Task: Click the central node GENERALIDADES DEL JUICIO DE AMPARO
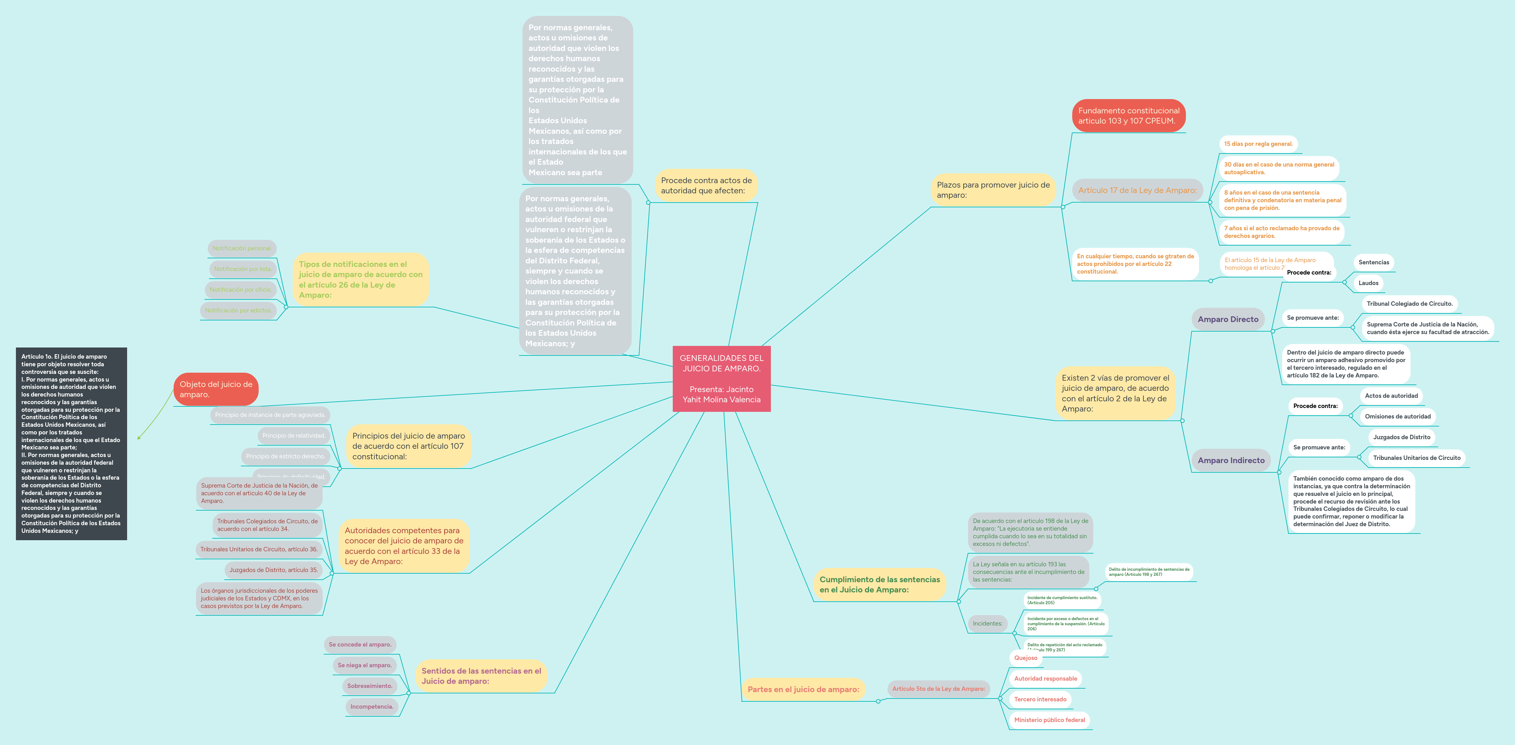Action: point(721,379)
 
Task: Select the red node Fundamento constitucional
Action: point(1128,116)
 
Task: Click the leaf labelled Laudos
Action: point(1368,283)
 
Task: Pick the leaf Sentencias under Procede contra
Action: point(1373,262)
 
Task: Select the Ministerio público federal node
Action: point(1049,720)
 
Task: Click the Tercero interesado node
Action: point(1040,699)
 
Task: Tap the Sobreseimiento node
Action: point(369,686)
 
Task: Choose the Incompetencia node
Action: point(372,706)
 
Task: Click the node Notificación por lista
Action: point(242,269)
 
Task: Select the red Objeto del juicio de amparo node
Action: point(216,389)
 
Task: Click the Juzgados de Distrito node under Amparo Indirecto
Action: point(1402,437)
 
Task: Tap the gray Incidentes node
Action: point(987,623)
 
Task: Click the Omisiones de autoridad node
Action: point(1397,416)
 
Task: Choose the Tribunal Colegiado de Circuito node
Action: point(1409,304)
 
